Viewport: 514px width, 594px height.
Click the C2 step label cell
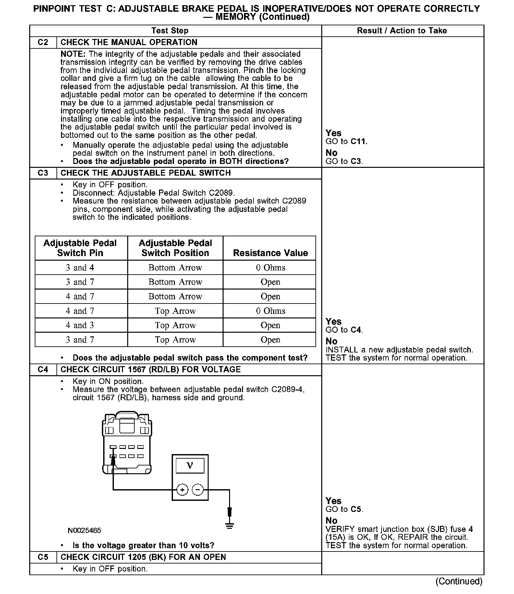(x=43, y=43)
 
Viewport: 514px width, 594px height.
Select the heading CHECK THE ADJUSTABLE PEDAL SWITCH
(x=145, y=173)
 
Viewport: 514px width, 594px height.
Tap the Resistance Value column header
(x=270, y=253)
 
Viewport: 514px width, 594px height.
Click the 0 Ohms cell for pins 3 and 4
(x=270, y=268)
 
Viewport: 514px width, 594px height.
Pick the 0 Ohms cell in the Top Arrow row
(x=270, y=311)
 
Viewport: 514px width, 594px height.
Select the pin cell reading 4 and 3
(x=80, y=325)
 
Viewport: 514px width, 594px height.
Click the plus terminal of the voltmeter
(x=182, y=489)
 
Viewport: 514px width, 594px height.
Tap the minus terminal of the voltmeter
(x=198, y=489)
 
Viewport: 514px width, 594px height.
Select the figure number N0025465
(x=84, y=531)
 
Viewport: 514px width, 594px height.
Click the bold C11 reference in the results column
(x=359, y=142)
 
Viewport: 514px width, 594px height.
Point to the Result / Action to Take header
(x=402, y=31)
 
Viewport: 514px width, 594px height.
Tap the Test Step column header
(x=170, y=31)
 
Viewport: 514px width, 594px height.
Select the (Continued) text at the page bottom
(x=459, y=581)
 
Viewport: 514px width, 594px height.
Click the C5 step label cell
(x=43, y=557)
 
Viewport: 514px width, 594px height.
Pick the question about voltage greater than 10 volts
(x=143, y=546)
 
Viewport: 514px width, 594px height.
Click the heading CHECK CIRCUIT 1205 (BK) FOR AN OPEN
(x=143, y=557)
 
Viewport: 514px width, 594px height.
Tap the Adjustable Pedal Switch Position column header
(x=175, y=248)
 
